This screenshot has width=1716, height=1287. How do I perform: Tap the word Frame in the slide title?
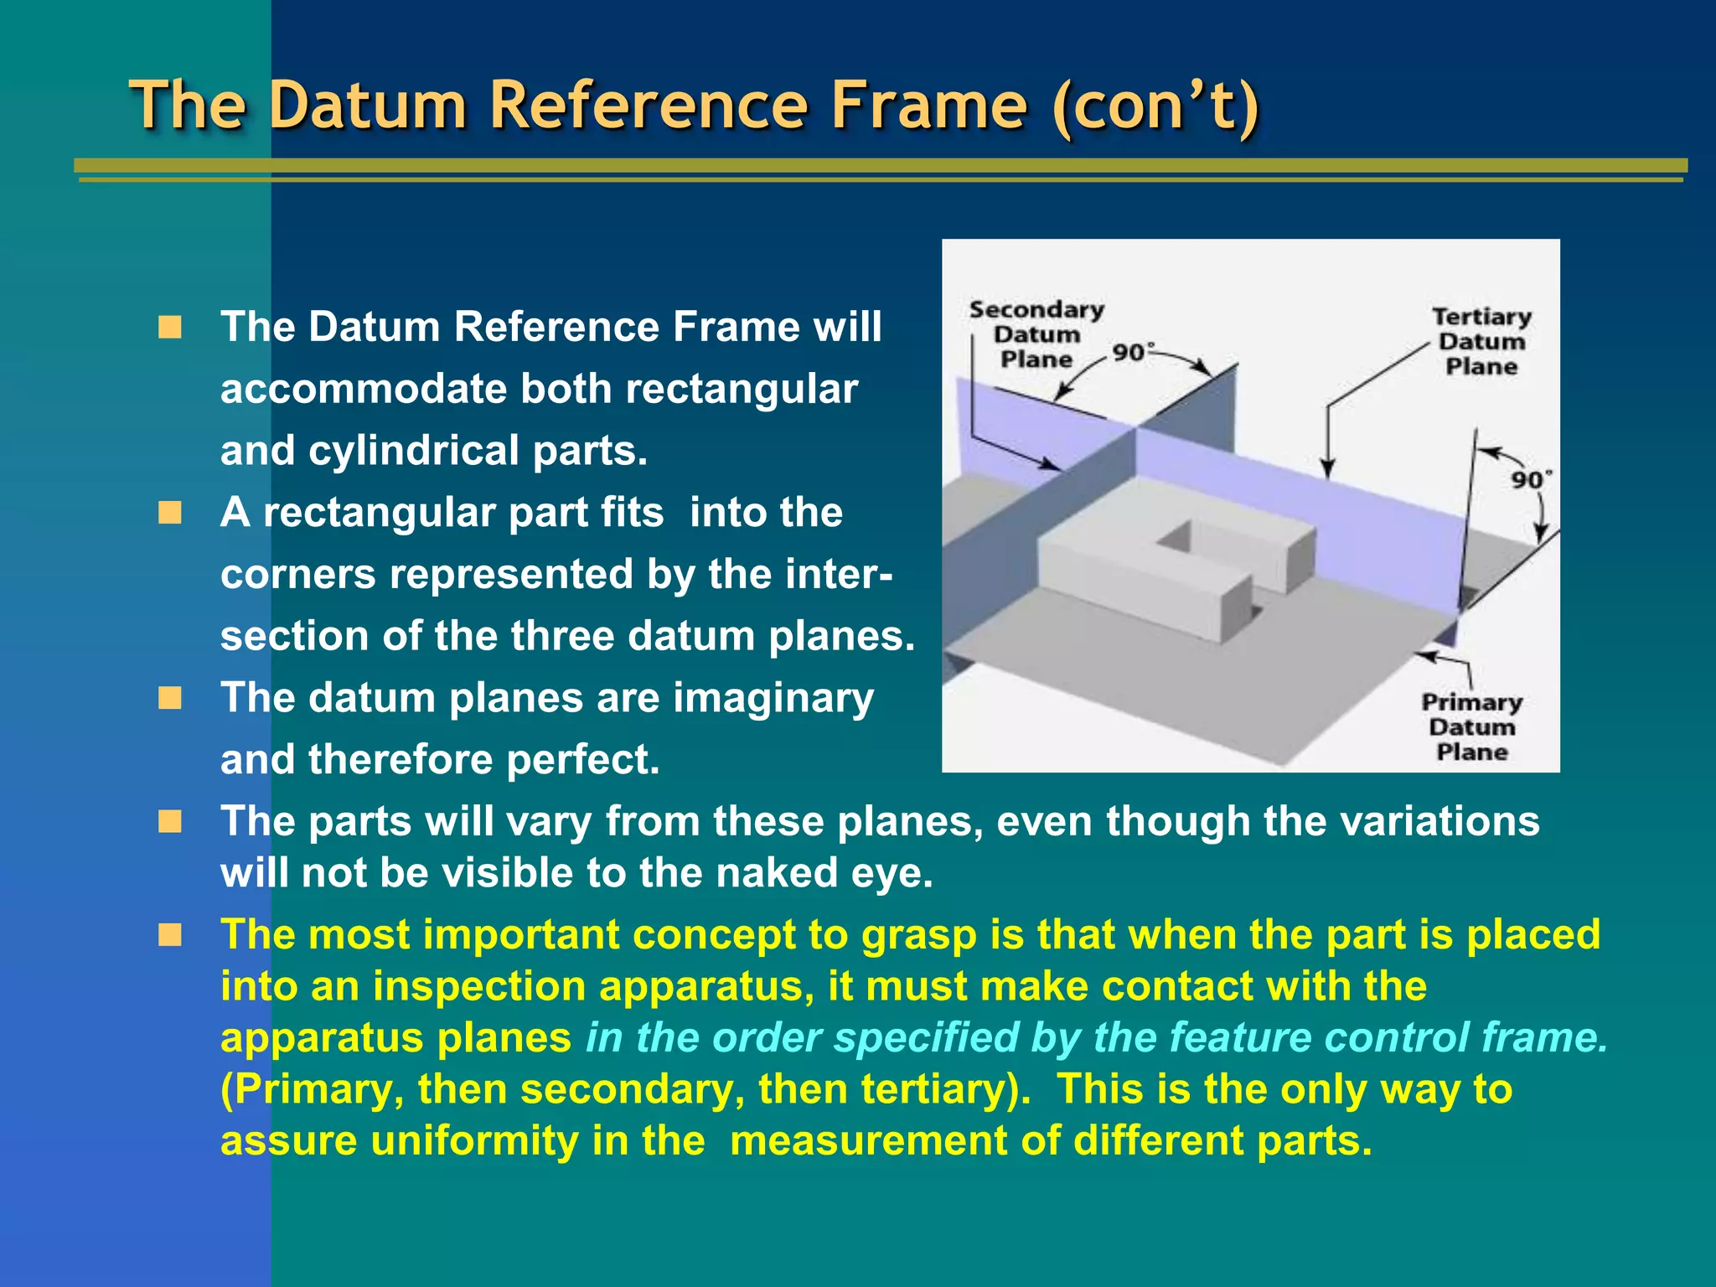pyautogui.click(x=928, y=106)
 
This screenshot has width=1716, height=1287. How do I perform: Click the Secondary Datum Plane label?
pyautogui.click(x=1036, y=334)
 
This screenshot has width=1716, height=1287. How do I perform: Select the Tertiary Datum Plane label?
pyautogui.click(x=1481, y=342)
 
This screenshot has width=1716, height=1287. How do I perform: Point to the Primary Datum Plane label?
pyautogui.click(x=1471, y=726)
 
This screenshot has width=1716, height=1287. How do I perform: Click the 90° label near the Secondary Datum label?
pyautogui.click(x=1133, y=353)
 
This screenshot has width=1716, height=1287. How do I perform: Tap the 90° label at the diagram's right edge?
pyautogui.click(x=1531, y=480)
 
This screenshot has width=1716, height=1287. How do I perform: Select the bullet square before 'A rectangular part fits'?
pyautogui.click(x=170, y=512)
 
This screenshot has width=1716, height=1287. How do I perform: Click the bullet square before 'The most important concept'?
pyautogui.click(x=170, y=934)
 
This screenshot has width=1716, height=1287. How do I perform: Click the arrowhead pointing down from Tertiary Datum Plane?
pyautogui.click(x=1326, y=469)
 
